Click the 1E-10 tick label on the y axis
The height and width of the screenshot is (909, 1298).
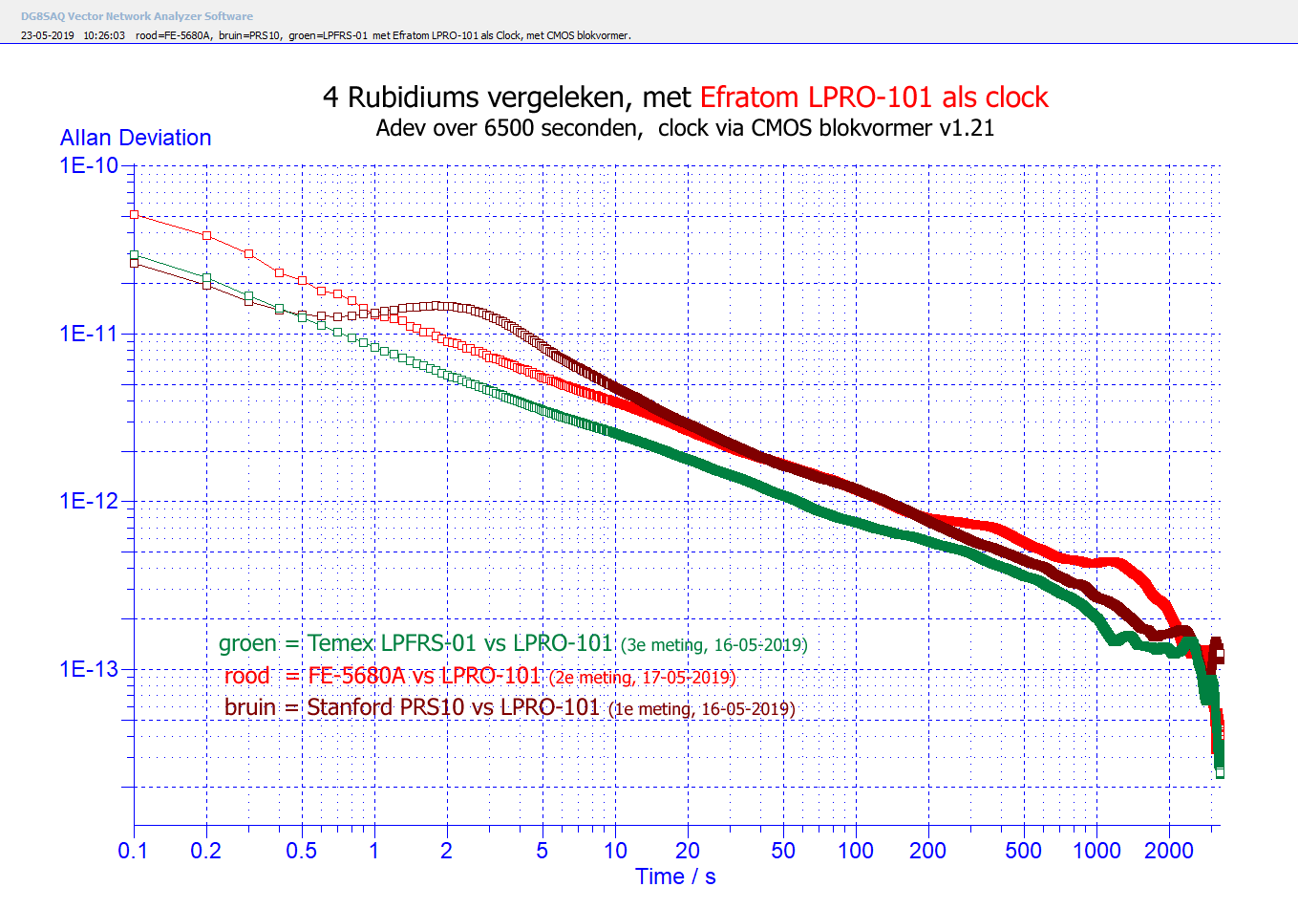point(89,165)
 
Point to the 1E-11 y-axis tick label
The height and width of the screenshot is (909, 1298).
point(89,334)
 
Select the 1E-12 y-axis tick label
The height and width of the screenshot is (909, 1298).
point(89,501)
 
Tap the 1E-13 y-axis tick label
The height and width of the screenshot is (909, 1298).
point(89,669)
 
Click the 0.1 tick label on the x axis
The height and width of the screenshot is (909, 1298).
point(133,851)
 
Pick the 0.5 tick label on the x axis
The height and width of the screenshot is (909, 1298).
point(301,851)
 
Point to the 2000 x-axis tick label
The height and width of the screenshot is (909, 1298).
point(1168,851)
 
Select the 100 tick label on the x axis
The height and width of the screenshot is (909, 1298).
point(855,851)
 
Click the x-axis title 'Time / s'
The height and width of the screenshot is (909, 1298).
point(675,877)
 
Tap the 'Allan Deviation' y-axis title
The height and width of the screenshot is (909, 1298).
point(136,138)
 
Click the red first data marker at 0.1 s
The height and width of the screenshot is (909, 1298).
point(135,215)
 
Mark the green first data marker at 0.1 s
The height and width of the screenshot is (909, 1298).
point(135,255)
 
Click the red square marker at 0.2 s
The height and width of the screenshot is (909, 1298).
point(207,235)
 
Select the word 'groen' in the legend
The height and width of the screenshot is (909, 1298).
point(247,644)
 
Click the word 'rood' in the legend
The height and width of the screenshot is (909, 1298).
point(246,677)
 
